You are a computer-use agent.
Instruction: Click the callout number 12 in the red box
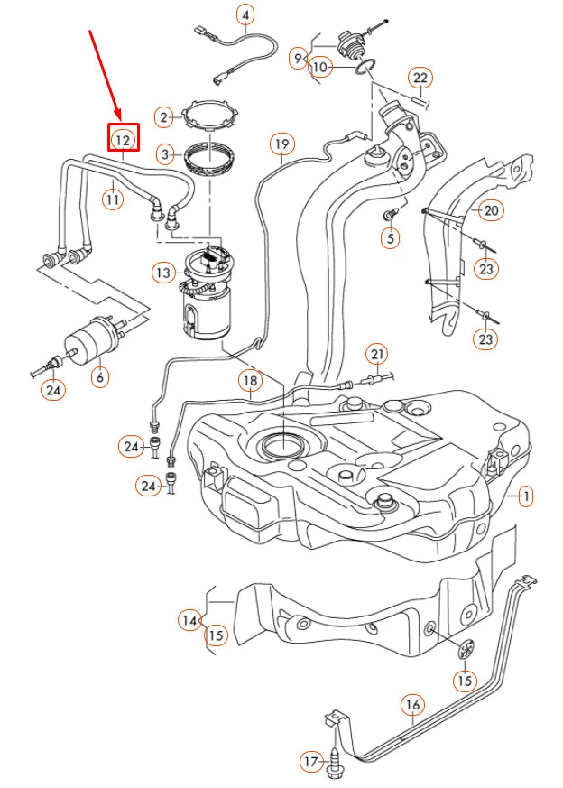123,139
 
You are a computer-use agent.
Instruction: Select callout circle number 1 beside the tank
526,496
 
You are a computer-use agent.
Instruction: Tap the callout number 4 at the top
246,14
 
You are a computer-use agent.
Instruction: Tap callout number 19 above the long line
282,144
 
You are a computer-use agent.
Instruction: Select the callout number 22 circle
420,78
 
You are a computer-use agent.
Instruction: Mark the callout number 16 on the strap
411,703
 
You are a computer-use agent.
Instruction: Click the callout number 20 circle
491,210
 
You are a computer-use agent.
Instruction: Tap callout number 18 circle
251,382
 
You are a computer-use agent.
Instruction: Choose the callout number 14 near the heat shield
189,620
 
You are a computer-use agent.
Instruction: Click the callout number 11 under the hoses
112,198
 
